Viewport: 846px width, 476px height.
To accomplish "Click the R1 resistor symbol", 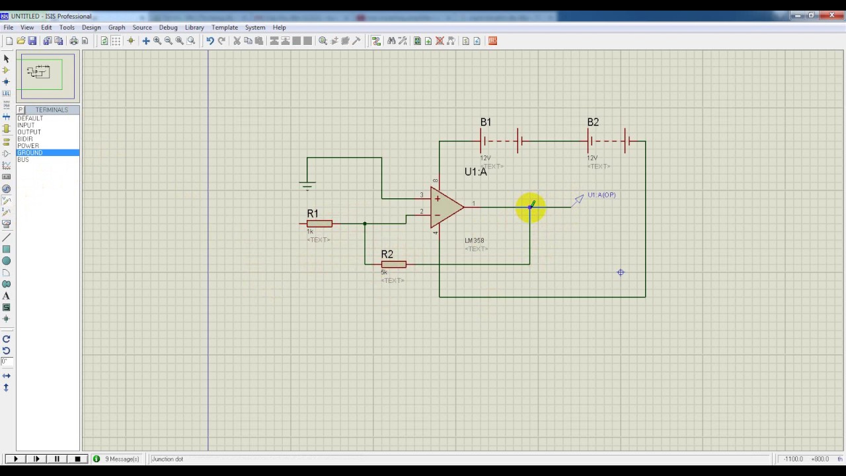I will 319,223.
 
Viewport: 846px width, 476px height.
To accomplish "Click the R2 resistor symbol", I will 394,264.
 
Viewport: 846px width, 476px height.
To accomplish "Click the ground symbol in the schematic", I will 307,184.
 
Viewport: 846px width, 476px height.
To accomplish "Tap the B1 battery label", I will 486,122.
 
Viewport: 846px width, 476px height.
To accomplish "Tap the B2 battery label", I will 593,122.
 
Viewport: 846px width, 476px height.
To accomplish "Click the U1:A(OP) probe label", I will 601,195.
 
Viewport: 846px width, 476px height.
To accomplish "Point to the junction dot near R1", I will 365,223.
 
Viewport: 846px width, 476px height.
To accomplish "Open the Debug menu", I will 168,28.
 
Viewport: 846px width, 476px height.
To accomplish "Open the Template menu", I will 225,28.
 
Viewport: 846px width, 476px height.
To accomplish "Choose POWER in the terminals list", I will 28,145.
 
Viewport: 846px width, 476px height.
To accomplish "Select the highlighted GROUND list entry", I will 30,153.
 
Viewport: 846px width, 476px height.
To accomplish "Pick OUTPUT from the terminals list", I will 29,132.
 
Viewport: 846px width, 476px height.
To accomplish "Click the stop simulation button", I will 77,459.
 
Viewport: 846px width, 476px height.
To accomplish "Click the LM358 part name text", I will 475,241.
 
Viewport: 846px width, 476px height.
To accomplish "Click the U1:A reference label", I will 475,172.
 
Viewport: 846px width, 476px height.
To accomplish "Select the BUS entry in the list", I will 23,159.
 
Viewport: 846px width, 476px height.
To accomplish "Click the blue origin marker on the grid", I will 621,272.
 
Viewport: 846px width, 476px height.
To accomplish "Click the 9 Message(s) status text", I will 122,459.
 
